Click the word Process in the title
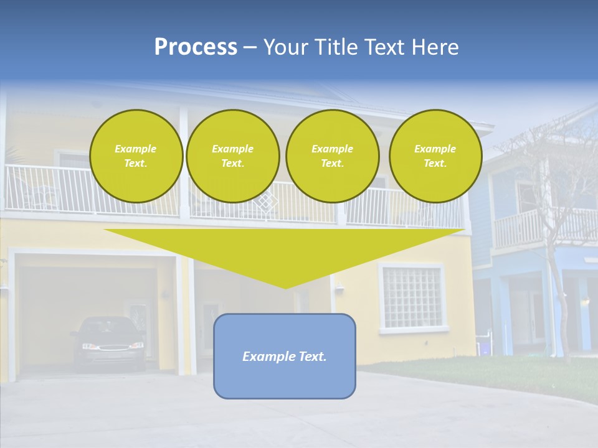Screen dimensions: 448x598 pyautogui.click(x=196, y=47)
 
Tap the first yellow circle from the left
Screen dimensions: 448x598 pyautogui.click(x=136, y=156)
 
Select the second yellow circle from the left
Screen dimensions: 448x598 pyautogui.click(x=232, y=156)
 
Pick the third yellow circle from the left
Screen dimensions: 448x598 pyautogui.click(x=332, y=156)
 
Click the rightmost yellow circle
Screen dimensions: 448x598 pyautogui.click(x=435, y=156)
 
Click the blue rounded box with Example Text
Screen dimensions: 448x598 pyautogui.click(x=285, y=356)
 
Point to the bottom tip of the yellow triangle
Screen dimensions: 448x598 pyautogui.click(x=285, y=287)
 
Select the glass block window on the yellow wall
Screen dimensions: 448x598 pyautogui.click(x=411, y=297)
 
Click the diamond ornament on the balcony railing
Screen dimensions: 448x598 pyautogui.click(x=266, y=202)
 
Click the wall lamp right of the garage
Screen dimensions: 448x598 pyautogui.click(x=339, y=287)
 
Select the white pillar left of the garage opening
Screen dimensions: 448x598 pyautogui.click(x=11, y=317)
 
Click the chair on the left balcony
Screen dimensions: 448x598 pyautogui.click(x=40, y=194)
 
